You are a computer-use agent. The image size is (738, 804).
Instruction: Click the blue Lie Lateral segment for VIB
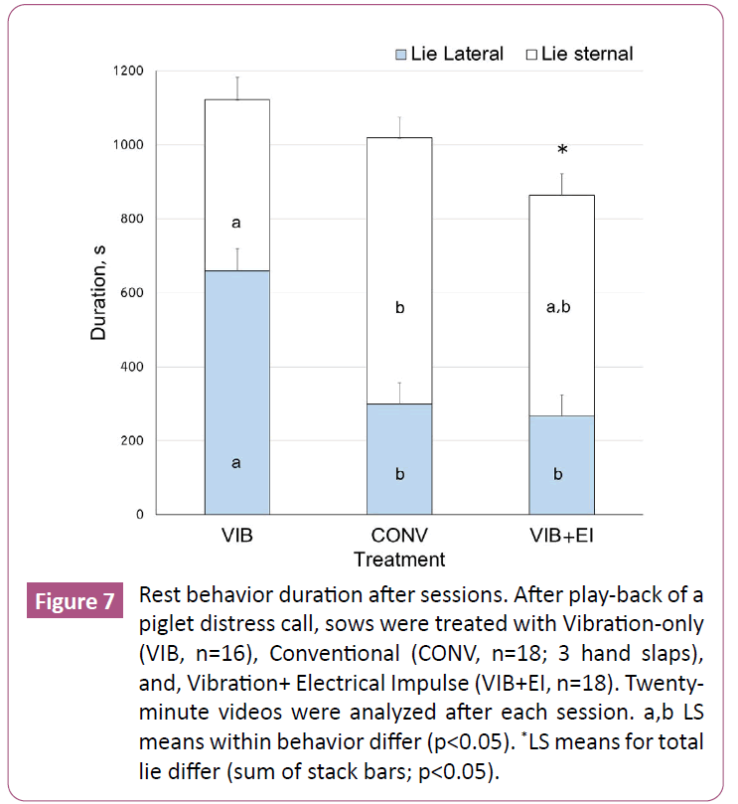(236, 393)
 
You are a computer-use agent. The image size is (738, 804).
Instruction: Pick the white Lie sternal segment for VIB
(236, 185)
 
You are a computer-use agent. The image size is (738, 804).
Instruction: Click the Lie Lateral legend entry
(449, 54)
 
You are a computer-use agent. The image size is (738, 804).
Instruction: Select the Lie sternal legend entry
(579, 54)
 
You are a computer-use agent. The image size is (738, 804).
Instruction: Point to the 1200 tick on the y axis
(128, 72)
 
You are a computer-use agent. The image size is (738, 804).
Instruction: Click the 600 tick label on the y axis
(131, 293)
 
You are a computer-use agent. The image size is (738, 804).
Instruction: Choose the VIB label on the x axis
(236, 536)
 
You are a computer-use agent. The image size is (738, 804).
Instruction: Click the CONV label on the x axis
(399, 536)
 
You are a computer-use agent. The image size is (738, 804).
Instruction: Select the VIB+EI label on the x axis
(557, 536)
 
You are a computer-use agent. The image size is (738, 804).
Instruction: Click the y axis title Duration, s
(98, 293)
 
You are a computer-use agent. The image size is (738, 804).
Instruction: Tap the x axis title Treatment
(398, 559)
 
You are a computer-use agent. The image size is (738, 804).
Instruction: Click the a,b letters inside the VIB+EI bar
(558, 308)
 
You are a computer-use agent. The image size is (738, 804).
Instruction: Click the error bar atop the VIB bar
(237, 87)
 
